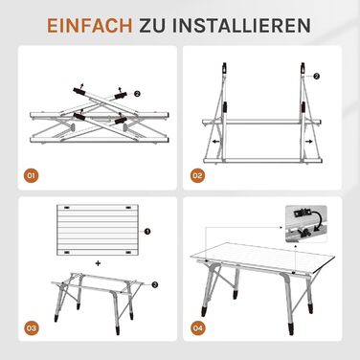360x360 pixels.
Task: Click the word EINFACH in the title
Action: [x=90, y=26]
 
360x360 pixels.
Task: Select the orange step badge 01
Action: [x=32, y=176]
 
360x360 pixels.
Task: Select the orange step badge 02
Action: [x=197, y=176]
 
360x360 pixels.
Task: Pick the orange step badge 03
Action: [x=32, y=328]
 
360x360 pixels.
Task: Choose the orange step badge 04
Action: [x=197, y=328]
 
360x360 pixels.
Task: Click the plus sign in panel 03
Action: [x=98, y=263]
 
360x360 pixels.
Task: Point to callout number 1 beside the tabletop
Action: [x=147, y=232]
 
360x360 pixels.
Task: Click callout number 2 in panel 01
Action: [x=137, y=94]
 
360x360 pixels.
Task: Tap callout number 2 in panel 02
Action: [x=316, y=76]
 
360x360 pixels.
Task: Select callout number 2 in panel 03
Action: [x=155, y=285]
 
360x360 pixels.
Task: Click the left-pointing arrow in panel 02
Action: [x=216, y=142]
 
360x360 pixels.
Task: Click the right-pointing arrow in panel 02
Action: [x=309, y=142]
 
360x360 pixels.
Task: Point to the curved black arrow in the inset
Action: [x=317, y=219]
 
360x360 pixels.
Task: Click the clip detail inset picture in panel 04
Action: [x=306, y=225]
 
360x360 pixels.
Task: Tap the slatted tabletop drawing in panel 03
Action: [x=99, y=230]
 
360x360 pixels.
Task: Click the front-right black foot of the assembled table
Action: [x=291, y=328]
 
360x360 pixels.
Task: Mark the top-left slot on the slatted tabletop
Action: [x=67, y=208]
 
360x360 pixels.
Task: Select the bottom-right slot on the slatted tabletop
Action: [x=128, y=252]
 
